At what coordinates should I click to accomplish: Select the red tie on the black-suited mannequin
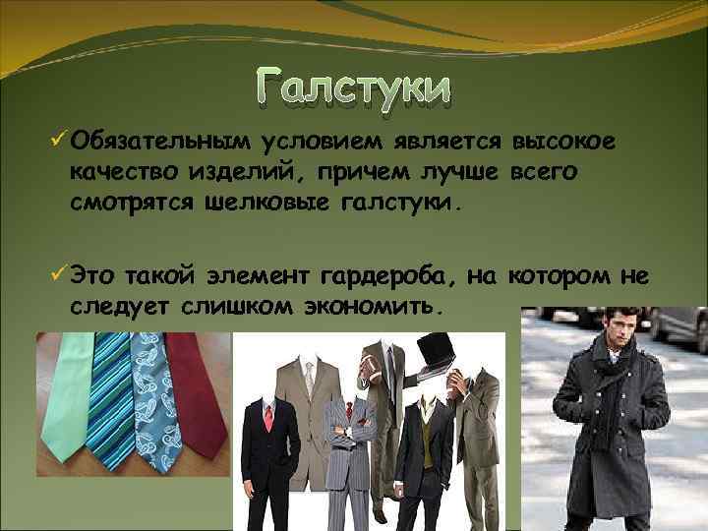[x=267, y=421]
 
